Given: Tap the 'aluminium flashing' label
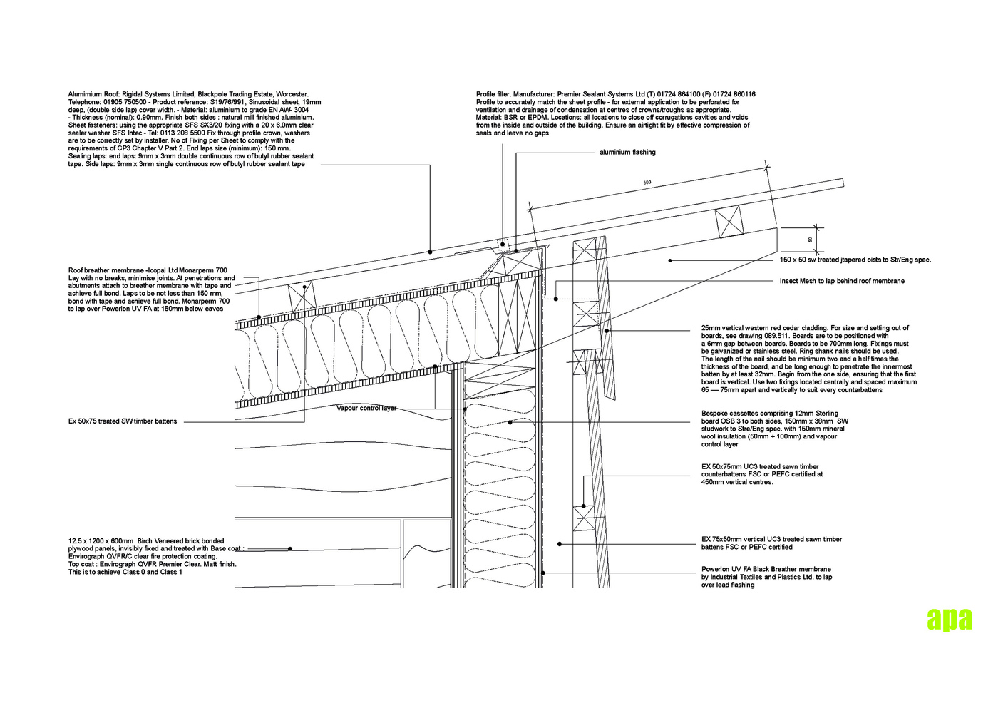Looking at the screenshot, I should (627, 153).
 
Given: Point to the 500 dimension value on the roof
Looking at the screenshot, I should (647, 183).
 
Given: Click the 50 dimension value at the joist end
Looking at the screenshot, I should (809, 240).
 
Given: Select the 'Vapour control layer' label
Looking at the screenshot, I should (366, 409).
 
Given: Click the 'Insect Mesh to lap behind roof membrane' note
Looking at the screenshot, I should (842, 281).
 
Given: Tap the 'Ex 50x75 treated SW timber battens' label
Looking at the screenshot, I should (123, 421).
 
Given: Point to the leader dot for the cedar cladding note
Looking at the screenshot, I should (607, 331).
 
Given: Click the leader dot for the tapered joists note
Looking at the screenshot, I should (669, 261).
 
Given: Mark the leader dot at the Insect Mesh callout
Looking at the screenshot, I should (556, 299).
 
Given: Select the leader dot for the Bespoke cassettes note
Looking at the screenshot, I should (510, 422).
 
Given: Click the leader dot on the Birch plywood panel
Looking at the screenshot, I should (290, 548).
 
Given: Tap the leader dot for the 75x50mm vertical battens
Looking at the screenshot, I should (560, 544).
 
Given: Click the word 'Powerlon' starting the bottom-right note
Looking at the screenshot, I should (716, 570).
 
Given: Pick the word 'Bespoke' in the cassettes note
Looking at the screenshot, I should (715, 414).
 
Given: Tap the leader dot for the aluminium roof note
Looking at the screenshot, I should (430, 252).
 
